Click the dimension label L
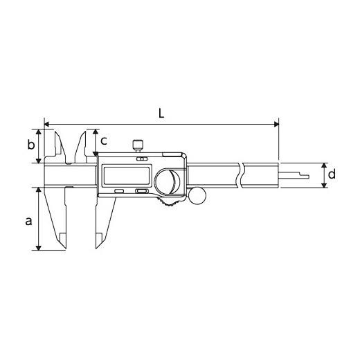[x=161, y=114]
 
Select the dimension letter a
[x=28, y=221]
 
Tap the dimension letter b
[x=31, y=145]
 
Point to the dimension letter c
[x=104, y=141]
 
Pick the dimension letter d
[x=332, y=174]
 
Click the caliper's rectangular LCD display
[x=127, y=176]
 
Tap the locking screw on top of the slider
[x=138, y=145]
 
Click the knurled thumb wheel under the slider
[x=169, y=202]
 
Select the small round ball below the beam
[x=197, y=196]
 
